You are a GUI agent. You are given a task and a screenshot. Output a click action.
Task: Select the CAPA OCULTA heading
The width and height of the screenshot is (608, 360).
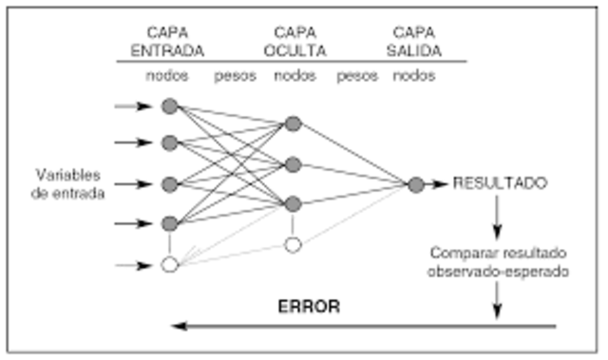tap(294, 41)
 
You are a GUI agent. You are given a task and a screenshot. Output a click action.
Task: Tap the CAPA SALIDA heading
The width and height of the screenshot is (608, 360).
tap(415, 41)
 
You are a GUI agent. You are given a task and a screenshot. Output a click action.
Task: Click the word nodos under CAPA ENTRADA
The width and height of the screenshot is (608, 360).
tap(169, 75)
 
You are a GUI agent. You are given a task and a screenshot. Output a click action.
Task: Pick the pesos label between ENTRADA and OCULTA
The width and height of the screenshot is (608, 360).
tap(234, 75)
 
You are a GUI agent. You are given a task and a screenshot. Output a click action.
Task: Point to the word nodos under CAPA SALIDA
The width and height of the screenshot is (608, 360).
tap(415, 75)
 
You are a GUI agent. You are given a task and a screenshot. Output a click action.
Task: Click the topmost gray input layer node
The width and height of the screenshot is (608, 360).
tap(169, 105)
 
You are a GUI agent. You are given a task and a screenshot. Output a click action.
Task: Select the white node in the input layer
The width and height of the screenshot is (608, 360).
tap(169, 265)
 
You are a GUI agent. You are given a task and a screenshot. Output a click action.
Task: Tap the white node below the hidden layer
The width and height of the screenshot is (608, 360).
tap(293, 245)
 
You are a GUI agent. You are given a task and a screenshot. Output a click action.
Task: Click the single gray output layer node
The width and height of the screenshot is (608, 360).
tap(415, 184)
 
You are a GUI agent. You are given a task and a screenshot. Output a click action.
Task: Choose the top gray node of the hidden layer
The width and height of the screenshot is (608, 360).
tap(293, 123)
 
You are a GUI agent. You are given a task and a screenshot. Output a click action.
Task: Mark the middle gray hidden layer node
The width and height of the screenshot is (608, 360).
tap(293, 164)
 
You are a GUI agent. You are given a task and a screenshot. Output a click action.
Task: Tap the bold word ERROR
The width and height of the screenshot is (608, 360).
tap(308, 308)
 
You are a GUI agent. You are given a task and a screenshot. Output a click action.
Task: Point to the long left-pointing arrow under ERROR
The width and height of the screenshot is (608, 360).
tap(361, 327)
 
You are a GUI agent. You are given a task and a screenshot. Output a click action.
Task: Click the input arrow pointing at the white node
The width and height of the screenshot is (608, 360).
tap(132, 265)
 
